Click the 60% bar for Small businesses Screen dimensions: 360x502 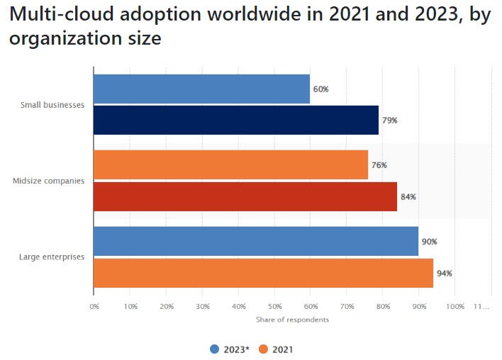click(202, 89)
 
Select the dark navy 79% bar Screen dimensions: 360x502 click(236, 120)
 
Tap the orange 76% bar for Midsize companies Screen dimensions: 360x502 click(231, 165)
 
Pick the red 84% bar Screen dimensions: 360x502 click(245, 196)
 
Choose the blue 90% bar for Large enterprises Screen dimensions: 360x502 click(256, 242)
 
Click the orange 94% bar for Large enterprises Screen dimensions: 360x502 click(263, 273)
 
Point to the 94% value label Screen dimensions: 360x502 click(445, 274)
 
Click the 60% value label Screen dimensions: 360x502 click(321, 89)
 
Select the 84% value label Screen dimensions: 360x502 click(408, 197)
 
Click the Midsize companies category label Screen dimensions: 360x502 click(49, 181)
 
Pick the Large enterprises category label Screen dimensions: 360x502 click(52, 257)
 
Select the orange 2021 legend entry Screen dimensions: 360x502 click(277, 349)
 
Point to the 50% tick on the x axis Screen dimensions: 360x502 click(274, 307)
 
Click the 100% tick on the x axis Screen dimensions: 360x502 click(455, 307)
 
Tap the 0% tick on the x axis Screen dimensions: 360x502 click(94, 307)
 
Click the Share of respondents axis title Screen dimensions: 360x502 click(292, 320)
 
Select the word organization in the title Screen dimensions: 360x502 click(65, 38)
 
